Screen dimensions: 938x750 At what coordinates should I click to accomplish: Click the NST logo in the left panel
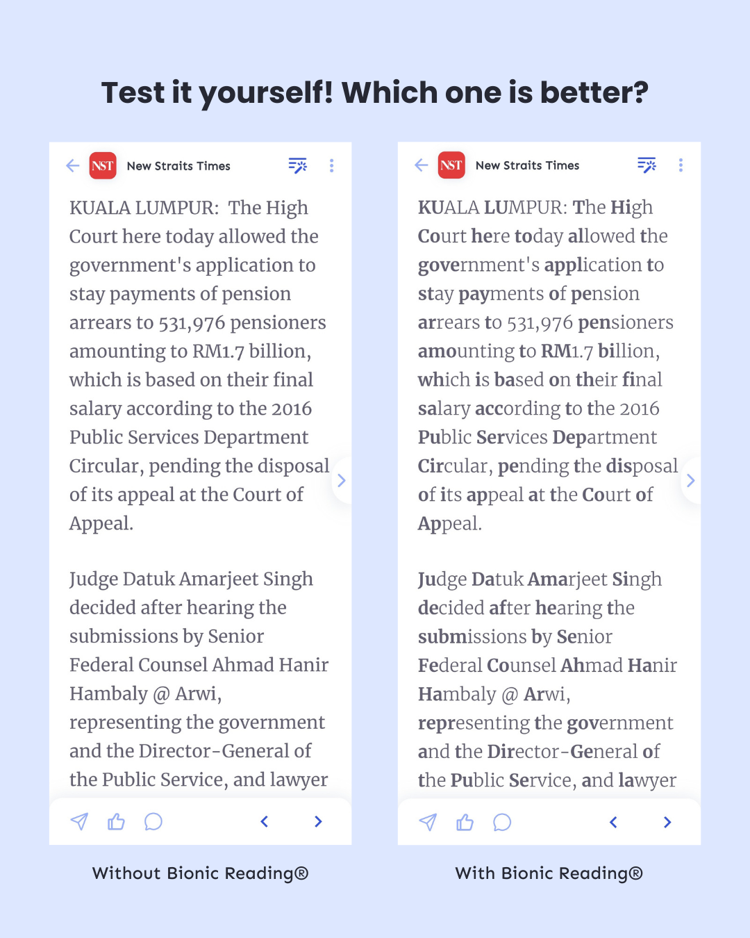click(103, 166)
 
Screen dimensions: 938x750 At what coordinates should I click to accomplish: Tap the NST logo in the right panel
click(451, 165)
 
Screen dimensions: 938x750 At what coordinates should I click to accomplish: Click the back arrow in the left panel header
click(73, 165)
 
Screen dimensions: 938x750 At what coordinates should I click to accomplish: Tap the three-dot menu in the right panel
click(681, 165)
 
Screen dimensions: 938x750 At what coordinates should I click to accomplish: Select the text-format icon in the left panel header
click(298, 165)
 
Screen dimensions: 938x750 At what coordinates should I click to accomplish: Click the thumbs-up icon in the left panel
click(116, 822)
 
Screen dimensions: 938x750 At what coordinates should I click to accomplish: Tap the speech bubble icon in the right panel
click(501, 823)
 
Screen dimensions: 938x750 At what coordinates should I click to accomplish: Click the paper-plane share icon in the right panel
click(428, 823)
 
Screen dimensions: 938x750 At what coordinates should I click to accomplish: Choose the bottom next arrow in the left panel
click(318, 822)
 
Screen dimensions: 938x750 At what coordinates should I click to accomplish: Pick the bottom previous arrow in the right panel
click(613, 823)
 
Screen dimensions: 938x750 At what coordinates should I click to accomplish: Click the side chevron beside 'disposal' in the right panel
click(690, 480)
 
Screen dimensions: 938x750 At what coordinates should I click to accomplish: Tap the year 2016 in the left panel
click(292, 409)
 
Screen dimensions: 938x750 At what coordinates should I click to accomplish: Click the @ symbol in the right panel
click(510, 695)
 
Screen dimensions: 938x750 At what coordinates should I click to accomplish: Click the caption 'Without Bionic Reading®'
click(200, 873)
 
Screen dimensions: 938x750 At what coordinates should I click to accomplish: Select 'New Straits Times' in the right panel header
click(527, 165)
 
